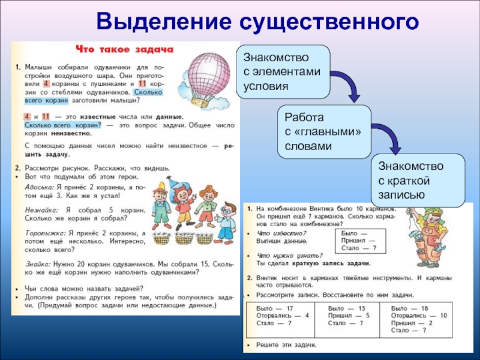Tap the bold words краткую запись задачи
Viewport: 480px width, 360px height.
pyautogui.click(x=331, y=263)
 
